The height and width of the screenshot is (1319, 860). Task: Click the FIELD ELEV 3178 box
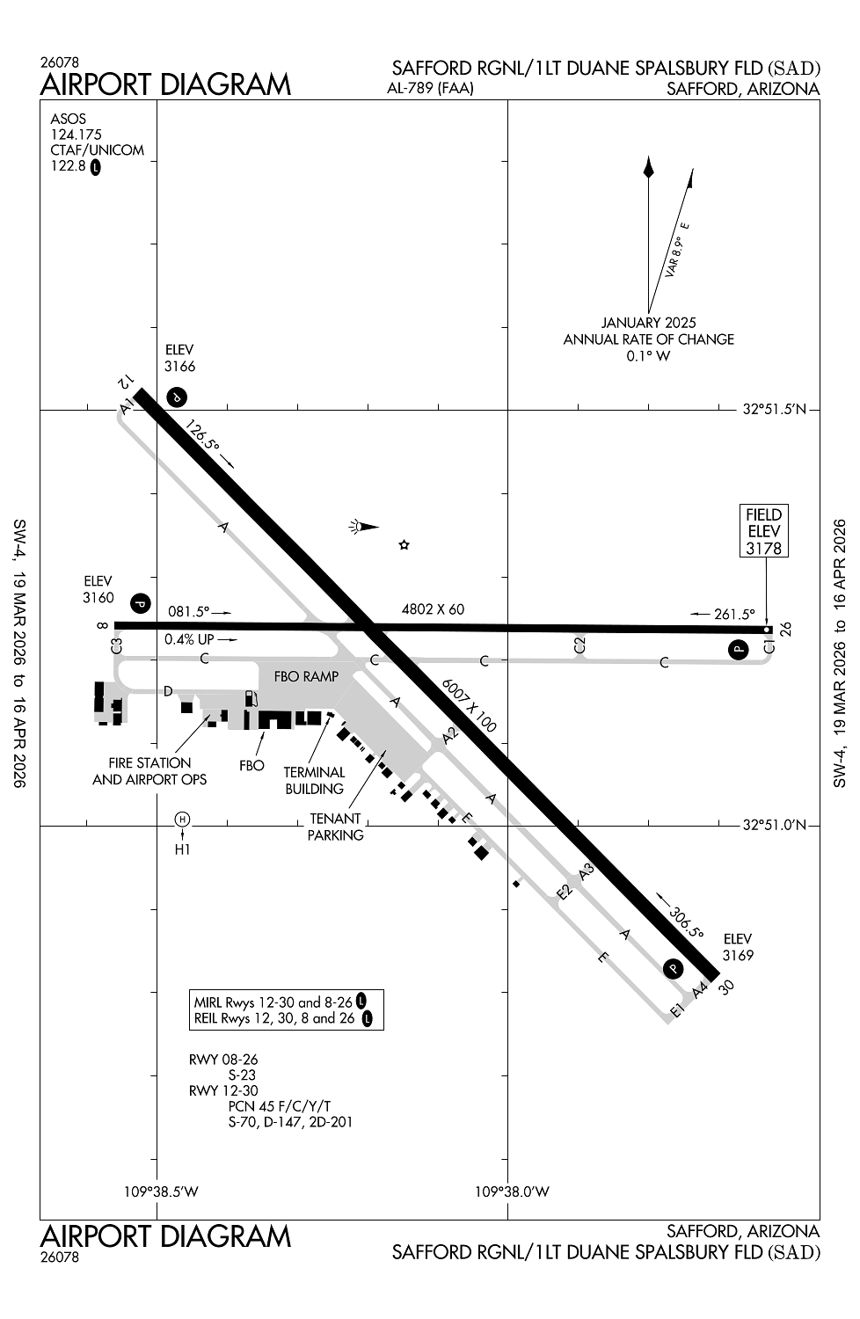(x=763, y=530)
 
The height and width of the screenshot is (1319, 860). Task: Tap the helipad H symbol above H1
(x=182, y=819)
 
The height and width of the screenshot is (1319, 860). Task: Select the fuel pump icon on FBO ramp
(x=251, y=698)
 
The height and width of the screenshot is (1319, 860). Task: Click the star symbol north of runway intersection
(x=404, y=544)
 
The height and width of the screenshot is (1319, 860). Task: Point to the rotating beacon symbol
(x=364, y=527)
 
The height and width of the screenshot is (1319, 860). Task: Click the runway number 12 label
(x=126, y=382)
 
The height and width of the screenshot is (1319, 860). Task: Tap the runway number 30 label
(x=727, y=987)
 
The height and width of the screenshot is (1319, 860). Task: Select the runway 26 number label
(x=786, y=629)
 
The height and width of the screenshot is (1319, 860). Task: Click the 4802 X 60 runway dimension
(x=433, y=608)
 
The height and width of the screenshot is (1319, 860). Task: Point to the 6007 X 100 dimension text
(x=469, y=705)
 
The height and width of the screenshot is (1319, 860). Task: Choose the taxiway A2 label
(x=450, y=735)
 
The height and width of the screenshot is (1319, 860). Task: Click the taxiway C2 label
(x=579, y=645)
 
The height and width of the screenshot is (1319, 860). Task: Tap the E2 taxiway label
(x=565, y=893)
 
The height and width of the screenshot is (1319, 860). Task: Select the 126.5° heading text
(x=203, y=436)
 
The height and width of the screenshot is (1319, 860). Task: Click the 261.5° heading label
(x=734, y=614)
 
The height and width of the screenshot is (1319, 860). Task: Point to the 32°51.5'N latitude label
(x=774, y=409)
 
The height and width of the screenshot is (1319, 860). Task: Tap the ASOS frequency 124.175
(x=76, y=135)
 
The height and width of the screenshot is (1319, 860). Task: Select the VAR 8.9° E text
(x=677, y=251)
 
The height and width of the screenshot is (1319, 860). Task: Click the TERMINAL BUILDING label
(x=314, y=780)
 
